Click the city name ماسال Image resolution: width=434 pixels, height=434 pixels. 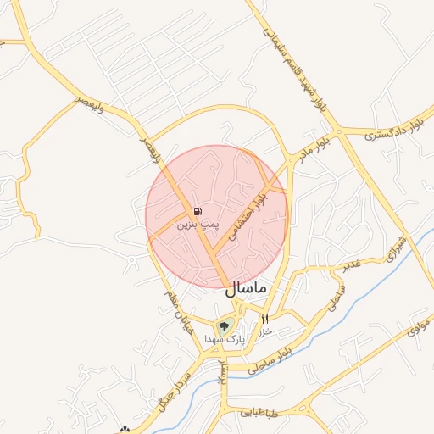click(246, 288)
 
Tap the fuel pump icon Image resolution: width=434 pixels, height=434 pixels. click(198, 211)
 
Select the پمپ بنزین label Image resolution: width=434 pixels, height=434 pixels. click(198, 225)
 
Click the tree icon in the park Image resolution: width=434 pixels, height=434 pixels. click(225, 325)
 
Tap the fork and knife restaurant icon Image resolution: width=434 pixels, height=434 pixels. click(265, 319)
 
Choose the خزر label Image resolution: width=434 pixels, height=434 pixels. click(264, 331)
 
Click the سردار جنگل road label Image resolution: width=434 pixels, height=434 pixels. click(173, 391)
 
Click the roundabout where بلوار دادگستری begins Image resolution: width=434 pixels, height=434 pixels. click(339, 131)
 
